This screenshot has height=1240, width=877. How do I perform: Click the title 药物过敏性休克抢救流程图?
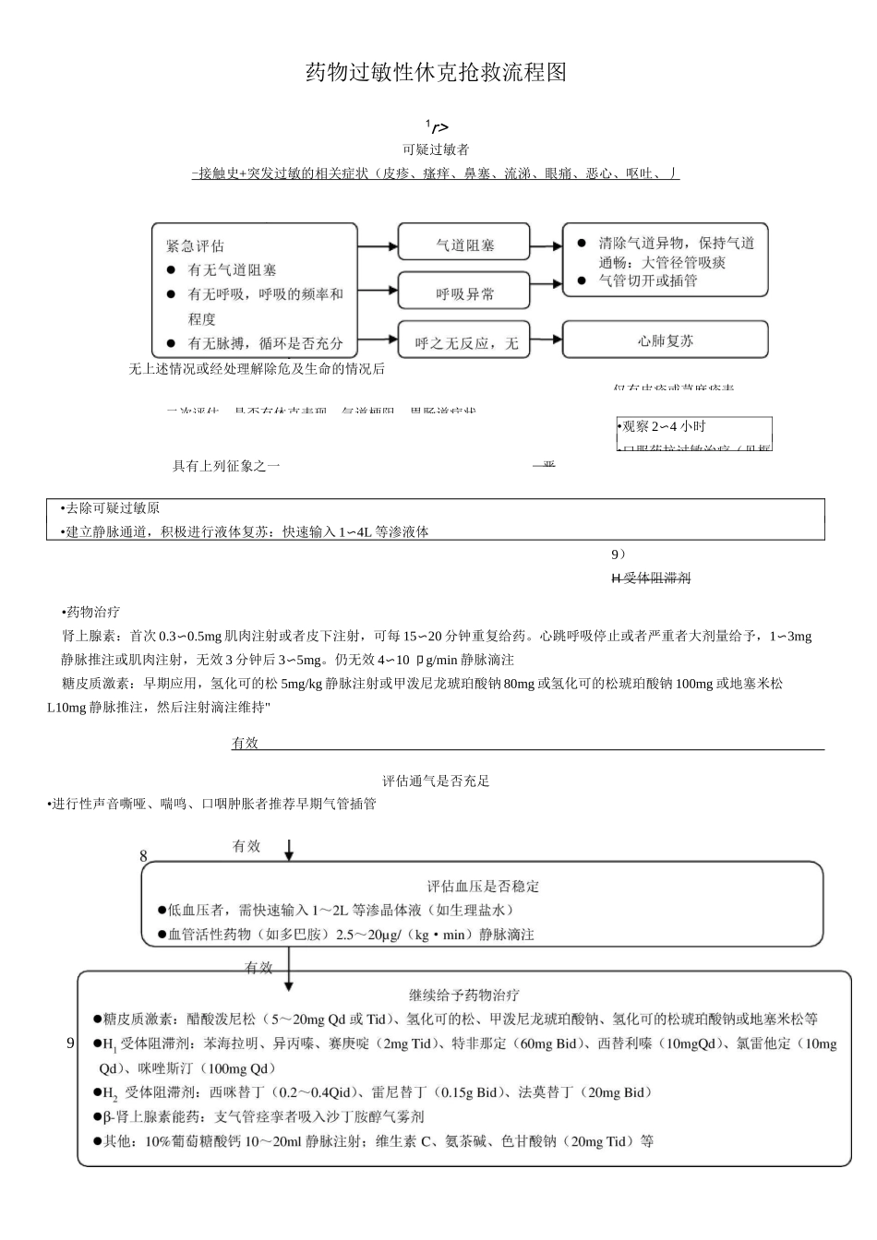[436, 73]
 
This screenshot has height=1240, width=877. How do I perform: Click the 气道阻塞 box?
[464, 245]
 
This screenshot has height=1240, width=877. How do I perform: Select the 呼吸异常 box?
[464, 293]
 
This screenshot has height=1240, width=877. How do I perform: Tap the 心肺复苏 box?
[665, 340]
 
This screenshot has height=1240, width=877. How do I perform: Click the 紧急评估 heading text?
[195, 246]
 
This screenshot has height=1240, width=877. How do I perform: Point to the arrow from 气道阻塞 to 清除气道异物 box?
[546, 245]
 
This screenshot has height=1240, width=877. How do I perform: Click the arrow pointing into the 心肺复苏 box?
[546, 340]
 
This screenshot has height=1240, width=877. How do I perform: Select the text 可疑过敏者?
[436, 149]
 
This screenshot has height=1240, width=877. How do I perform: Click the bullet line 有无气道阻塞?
[232, 270]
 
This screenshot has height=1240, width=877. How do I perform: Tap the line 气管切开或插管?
[647, 280]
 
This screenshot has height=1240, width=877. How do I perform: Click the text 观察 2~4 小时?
[663, 426]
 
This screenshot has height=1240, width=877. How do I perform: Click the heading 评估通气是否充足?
[436, 781]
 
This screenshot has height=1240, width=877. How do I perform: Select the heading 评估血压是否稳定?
[483, 887]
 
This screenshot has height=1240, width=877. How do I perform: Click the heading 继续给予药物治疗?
[464, 996]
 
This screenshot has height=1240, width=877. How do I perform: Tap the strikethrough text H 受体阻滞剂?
[651, 578]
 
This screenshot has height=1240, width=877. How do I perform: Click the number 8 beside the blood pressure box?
[143, 856]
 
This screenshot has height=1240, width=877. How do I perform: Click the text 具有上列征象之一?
[226, 466]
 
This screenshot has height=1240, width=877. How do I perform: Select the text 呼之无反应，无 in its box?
[466, 344]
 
